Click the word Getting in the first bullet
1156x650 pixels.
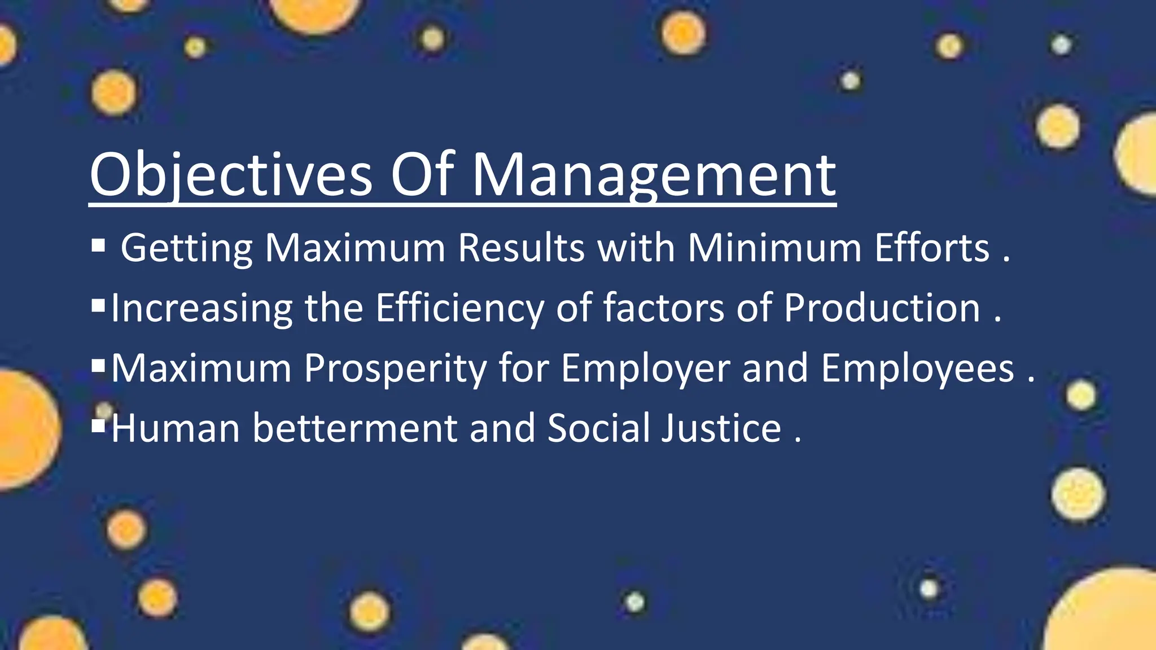(187, 248)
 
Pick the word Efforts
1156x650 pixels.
(932, 248)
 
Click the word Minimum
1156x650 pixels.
(774, 248)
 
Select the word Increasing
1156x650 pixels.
(202, 309)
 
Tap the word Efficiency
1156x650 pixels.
(459, 309)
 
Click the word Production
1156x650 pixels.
(882, 309)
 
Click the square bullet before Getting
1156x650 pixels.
(98, 245)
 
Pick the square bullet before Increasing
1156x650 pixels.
(98, 306)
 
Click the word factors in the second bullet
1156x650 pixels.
(664, 309)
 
